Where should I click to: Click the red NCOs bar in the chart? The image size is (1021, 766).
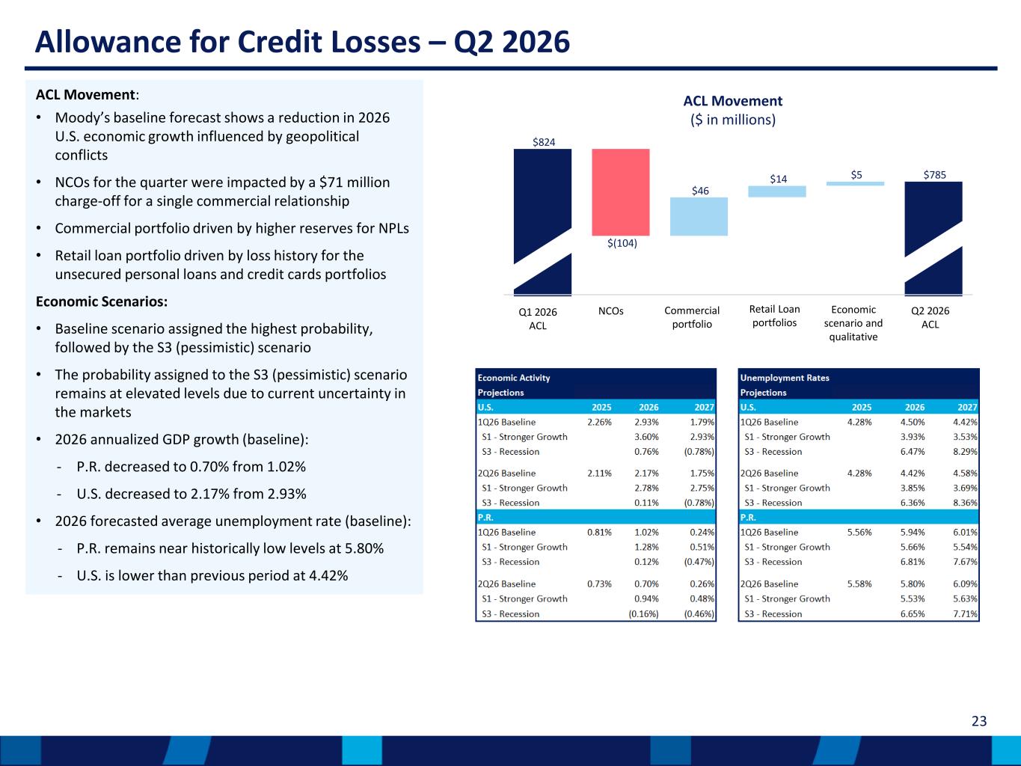click(621, 192)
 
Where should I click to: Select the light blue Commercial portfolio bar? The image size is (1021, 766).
click(699, 217)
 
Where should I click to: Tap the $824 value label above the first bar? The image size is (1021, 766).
click(544, 142)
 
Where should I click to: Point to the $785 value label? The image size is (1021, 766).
click(934, 175)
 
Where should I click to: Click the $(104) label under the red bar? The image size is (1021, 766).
click(622, 243)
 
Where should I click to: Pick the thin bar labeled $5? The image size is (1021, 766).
click(855, 184)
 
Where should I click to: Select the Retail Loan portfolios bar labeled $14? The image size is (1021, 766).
click(777, 191)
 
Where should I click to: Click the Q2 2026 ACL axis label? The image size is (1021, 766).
click(930, 318)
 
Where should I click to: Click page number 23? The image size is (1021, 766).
click(979, 721)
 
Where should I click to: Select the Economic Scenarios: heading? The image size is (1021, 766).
click(102, 301)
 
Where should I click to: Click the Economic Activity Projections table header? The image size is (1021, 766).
click(514, 385)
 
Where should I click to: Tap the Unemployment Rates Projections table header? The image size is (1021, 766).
click(784, 385)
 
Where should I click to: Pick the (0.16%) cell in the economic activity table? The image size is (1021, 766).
click(643, 614)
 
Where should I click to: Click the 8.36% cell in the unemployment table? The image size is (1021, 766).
click(965, 503)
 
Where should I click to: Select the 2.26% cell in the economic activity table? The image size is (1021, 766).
click(599, 423)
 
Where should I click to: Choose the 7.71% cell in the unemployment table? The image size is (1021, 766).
click(965, 614)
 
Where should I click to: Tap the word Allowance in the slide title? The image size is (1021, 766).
click(108, 42)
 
